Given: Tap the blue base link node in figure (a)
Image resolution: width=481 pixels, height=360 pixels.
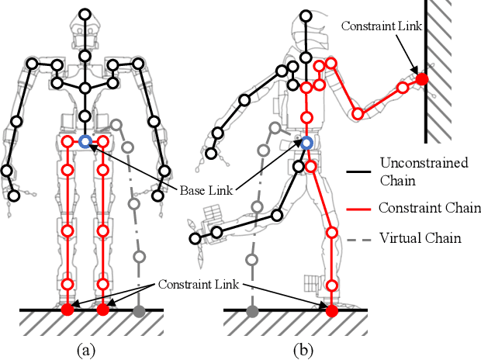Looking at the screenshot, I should click(85, 141).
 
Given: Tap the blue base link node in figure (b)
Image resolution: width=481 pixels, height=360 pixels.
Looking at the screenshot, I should click(306, 142).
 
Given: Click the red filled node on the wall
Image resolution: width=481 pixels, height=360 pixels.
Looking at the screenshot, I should click(421, 78).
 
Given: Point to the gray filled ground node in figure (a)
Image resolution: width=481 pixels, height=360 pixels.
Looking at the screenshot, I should click(139, 311).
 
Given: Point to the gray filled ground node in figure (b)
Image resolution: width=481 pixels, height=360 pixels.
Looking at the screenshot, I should click(252, 311).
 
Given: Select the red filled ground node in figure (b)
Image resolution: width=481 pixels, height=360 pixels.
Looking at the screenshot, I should click(332, 311).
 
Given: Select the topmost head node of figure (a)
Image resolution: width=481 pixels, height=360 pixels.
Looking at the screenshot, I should click(84, 15).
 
